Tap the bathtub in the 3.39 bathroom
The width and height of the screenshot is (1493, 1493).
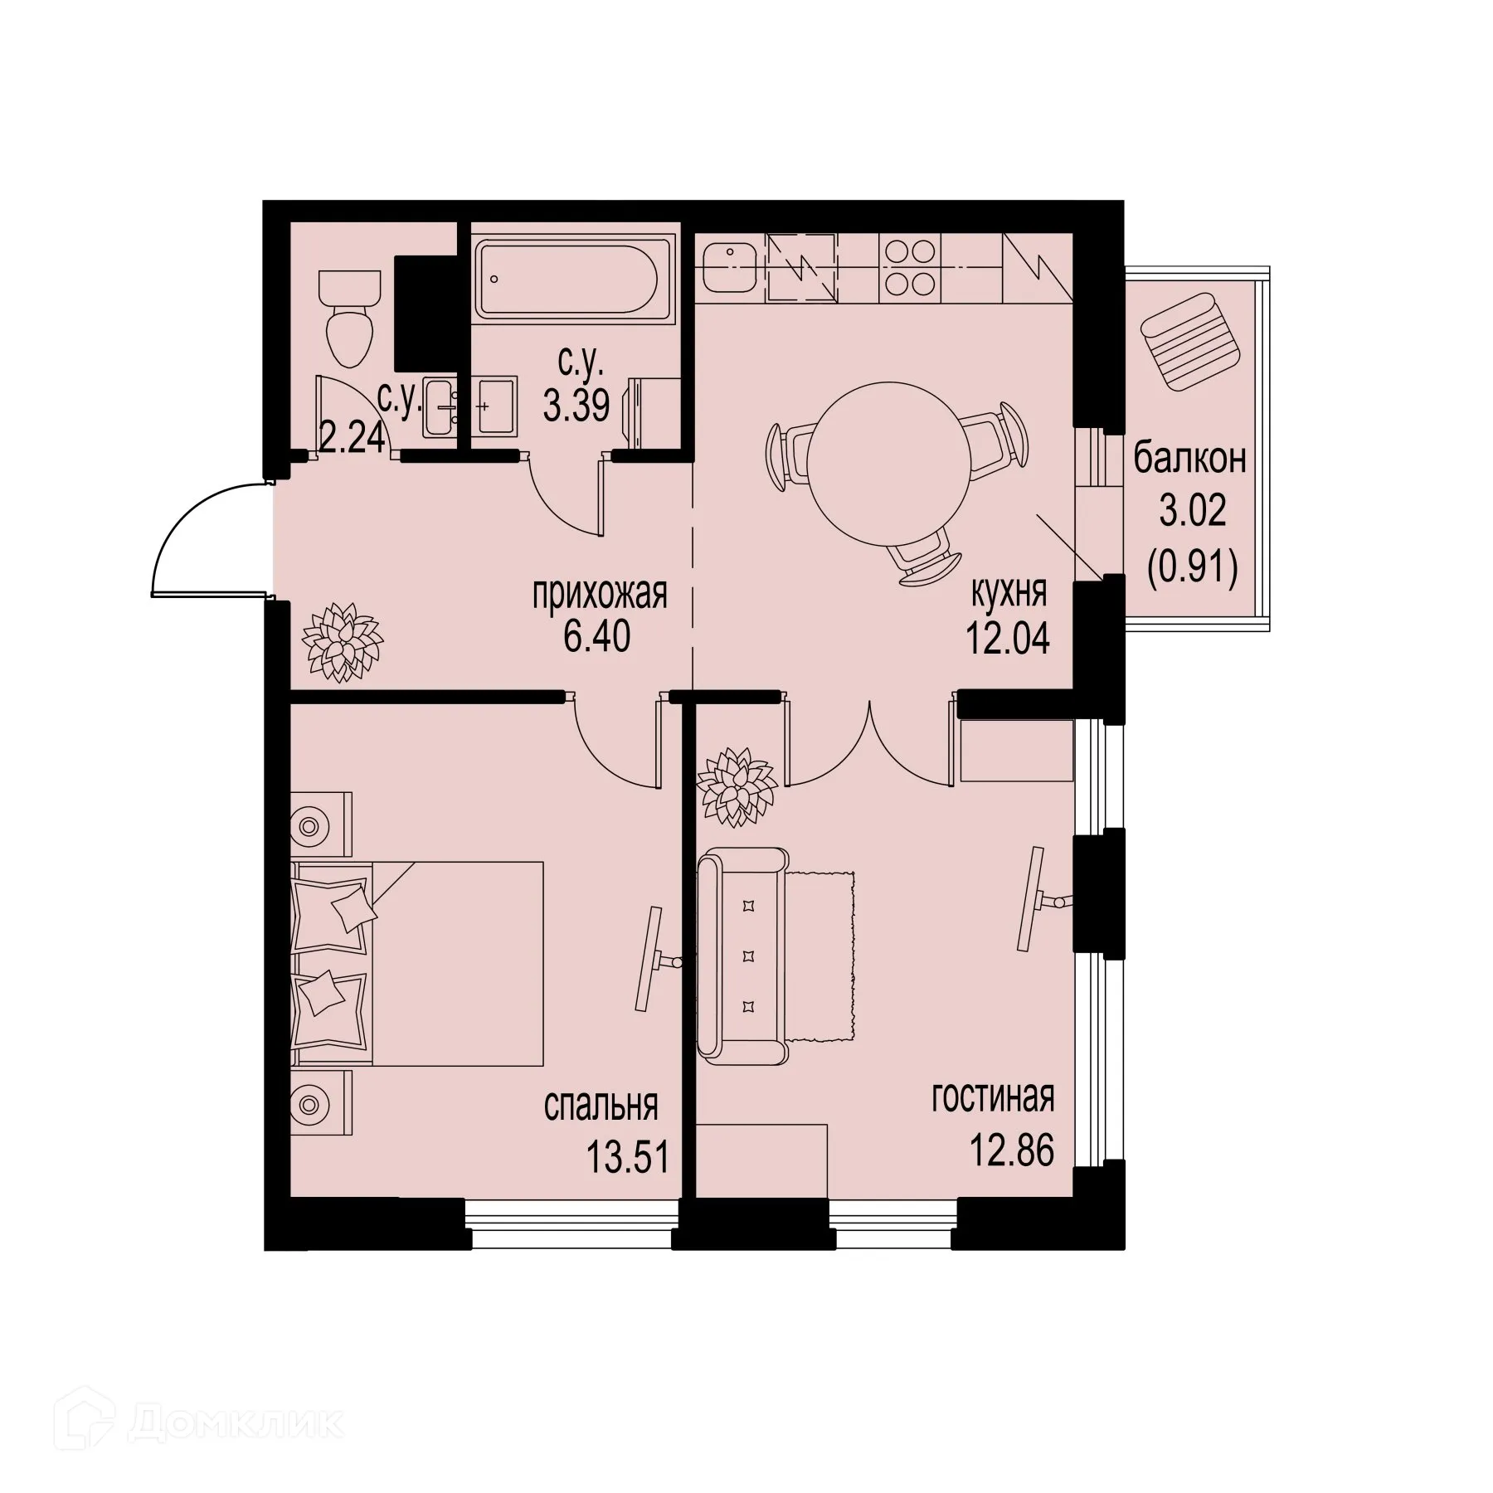(x=566, y=276)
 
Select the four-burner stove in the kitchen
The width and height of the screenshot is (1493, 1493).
(x=910, y=267)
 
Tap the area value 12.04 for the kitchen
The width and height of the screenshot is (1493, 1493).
(x=1007, y=640)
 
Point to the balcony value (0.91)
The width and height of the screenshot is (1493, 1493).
(x=1193, y=570)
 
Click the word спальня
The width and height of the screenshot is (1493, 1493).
(x=601, y=1106)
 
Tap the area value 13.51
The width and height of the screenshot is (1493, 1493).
(x=627, y=1156)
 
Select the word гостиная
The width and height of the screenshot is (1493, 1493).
(x=993, y=1098)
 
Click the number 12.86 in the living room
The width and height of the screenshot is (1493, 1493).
(x=1012, y=1150)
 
